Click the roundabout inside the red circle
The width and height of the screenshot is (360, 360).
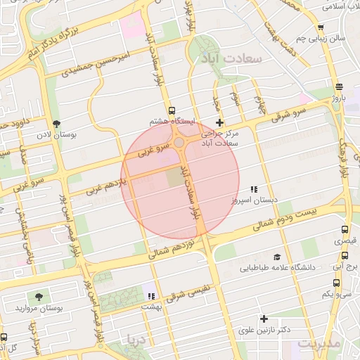tap(179, 143)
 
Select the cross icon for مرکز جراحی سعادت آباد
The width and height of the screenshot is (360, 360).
tap(219, 122)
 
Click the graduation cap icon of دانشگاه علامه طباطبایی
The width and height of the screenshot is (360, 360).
tap(277, 257)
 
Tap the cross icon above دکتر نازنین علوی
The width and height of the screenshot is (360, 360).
tap(264, 319)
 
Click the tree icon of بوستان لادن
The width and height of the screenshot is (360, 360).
tap(57, 123)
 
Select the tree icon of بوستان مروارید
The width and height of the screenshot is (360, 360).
tap(38, 297)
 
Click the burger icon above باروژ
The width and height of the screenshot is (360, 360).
tap(340, 87)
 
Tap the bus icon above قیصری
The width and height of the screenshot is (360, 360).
tap(345, 229)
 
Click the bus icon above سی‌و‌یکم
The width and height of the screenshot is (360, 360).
tap(336, 283)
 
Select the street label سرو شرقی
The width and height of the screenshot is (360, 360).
tap(291, 113)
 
